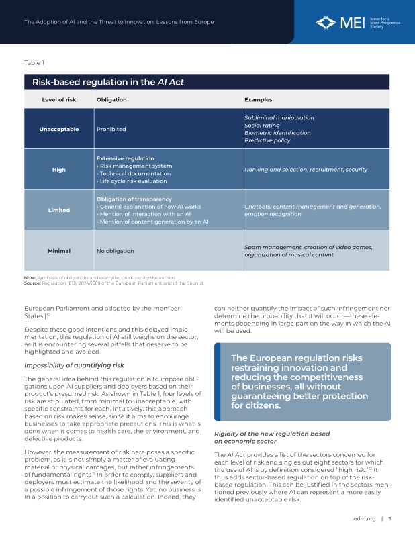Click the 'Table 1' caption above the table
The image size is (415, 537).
[x=34, y=63]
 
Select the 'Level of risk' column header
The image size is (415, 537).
[x=58, y=99]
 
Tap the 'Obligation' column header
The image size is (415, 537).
[x=111, y=99]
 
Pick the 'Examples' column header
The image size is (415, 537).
[x=258, y=99]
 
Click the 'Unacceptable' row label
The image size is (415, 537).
[x=58, y=129]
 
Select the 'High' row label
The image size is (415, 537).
[x=58, y=170]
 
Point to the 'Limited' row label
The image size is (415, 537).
[x=58, y=210]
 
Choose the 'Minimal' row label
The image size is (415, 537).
[x=58, y=251]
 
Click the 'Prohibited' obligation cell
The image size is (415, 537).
[x=111, y=129]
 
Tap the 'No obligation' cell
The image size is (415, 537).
[x=115, y=251]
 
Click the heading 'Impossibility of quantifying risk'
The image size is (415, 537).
[x=74, y=365]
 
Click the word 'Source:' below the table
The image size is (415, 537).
[x=32, y=282]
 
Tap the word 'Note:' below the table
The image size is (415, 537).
[x=30, y=277]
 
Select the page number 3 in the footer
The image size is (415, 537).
[x=390, y=518]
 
